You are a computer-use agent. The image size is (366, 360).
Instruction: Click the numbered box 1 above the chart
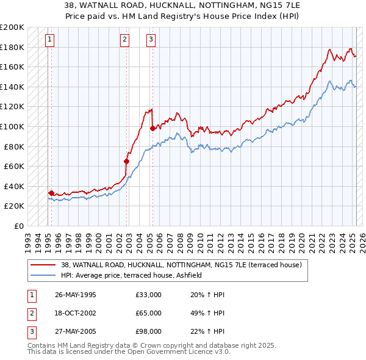point(49,40)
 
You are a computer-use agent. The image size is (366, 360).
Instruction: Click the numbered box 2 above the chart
point(124,40)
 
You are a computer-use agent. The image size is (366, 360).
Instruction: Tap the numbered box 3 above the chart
point(150,40)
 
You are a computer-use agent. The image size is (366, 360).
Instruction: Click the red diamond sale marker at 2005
point(152,129)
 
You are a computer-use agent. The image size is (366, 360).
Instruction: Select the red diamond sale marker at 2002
point(126,161)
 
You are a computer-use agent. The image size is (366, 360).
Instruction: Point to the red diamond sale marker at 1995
point(51,193)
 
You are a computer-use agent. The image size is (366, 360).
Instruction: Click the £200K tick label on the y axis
point(12,27)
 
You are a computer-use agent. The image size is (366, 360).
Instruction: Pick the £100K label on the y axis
point(12,126)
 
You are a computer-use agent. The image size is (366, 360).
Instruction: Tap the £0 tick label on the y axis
point(18,226)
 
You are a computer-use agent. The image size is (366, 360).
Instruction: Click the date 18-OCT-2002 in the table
point(76,313)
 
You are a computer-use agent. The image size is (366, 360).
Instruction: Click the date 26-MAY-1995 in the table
point(76,295)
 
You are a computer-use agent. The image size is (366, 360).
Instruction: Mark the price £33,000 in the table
point(149,295)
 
